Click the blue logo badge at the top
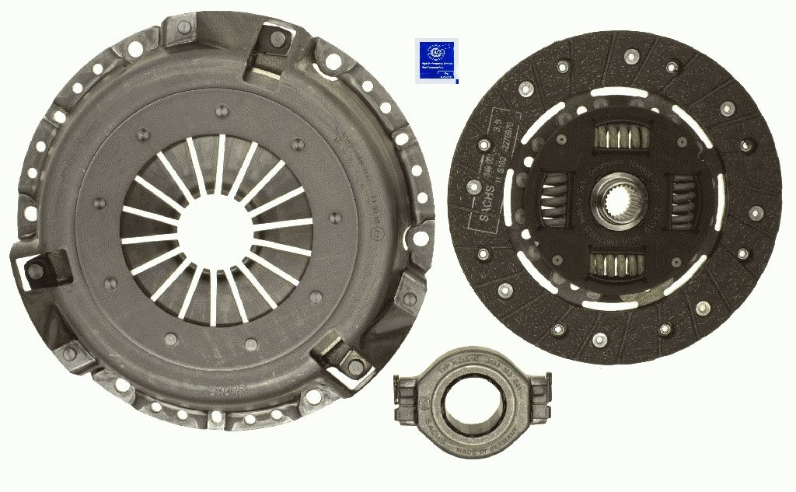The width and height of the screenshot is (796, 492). (432, 60)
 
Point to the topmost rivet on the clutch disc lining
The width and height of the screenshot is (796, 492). (631, 55)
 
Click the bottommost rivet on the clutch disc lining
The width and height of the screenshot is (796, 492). (599, 339)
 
